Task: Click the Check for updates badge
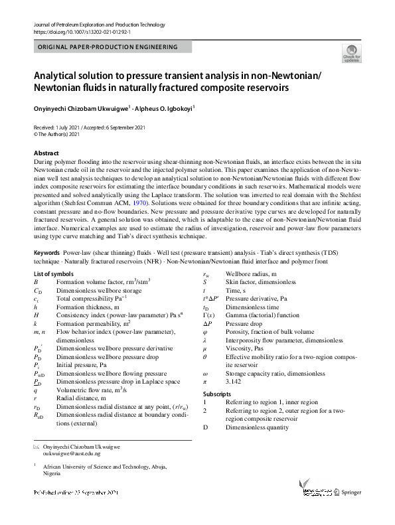pyautogui.click(x=351, y=55)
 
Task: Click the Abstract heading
pyautogui.click(x=46, y=153)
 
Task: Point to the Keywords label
pyautogui.click(x=46, y=254)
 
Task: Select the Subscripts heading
pyautogui.click(x=217, y=394)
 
